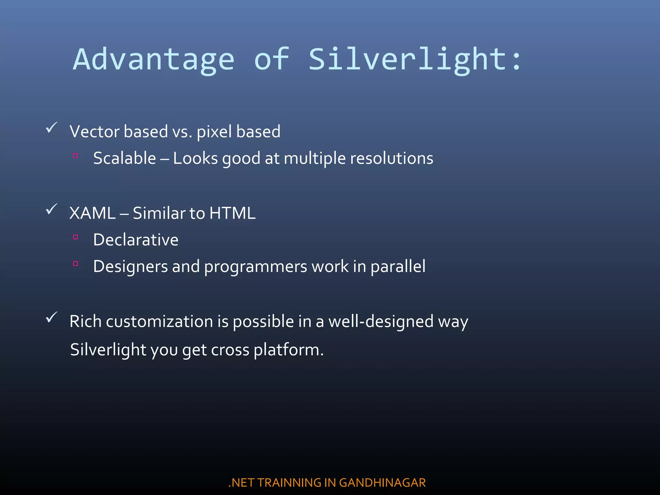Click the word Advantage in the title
[154, 60]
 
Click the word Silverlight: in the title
[414, 60]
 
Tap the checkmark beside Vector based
[52, 128]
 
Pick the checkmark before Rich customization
[52, 317]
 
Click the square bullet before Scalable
[76, 156]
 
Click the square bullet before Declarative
[76, 237]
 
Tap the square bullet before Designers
[76, 264]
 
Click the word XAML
[92, 213]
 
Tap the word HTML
[232, 213]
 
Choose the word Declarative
[136, 240]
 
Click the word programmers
[256, 267]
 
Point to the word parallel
[398, 267]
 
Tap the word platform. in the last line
[288, 350]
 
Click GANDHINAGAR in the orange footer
[382, 483]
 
